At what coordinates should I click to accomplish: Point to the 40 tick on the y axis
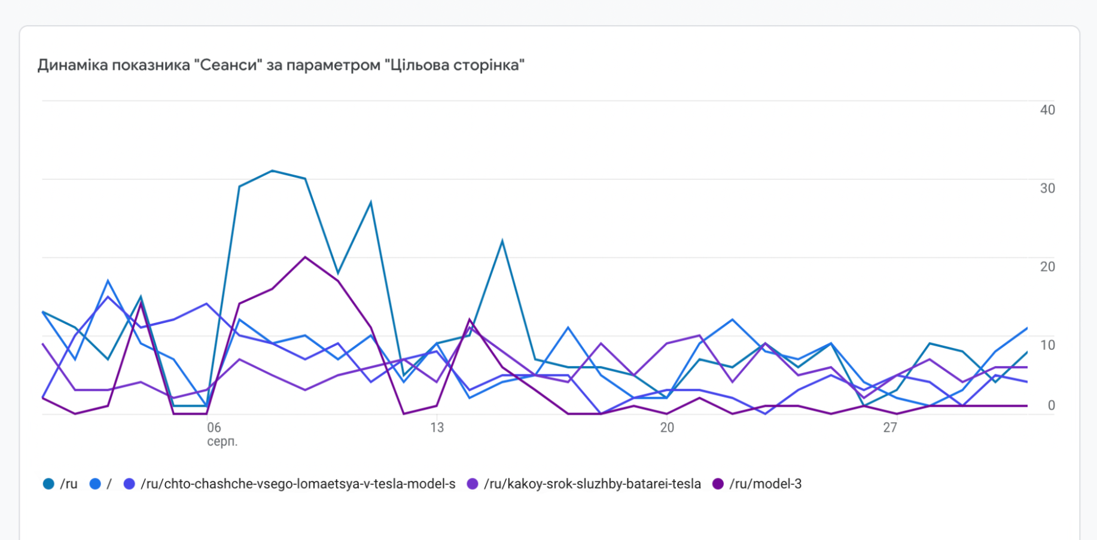[x=1047, y=110]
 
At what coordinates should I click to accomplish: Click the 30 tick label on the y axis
[x=1047, y=188]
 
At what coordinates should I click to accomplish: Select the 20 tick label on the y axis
[x=1047, y=267]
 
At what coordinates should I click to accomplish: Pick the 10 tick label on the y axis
[x=1047, y=345]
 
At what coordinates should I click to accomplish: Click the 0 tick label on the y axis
[x=1051, y=405]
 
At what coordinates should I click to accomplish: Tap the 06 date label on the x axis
[x=214, y=428]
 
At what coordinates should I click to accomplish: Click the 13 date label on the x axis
[x=437, y=428]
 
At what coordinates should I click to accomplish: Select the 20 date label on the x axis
[x=667, y=428]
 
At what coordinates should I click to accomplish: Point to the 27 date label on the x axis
[x=890, y=428]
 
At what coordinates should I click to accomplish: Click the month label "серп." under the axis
[x=222, y=442]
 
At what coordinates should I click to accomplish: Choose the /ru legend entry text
[x=68, y=484]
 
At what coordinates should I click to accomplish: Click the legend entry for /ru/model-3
[x=765, y=484]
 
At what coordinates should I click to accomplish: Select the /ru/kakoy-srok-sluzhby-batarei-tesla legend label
[x=592, y=484]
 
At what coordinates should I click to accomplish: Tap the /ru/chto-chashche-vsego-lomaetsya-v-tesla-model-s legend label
[x=298, y=484]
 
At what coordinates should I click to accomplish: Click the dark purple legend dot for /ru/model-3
[x=718, y=484]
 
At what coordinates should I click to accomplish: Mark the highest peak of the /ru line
[x=272, y=171]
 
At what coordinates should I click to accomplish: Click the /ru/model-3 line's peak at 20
[x=305, y=257]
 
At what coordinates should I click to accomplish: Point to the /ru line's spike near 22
[x=502, y=241]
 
